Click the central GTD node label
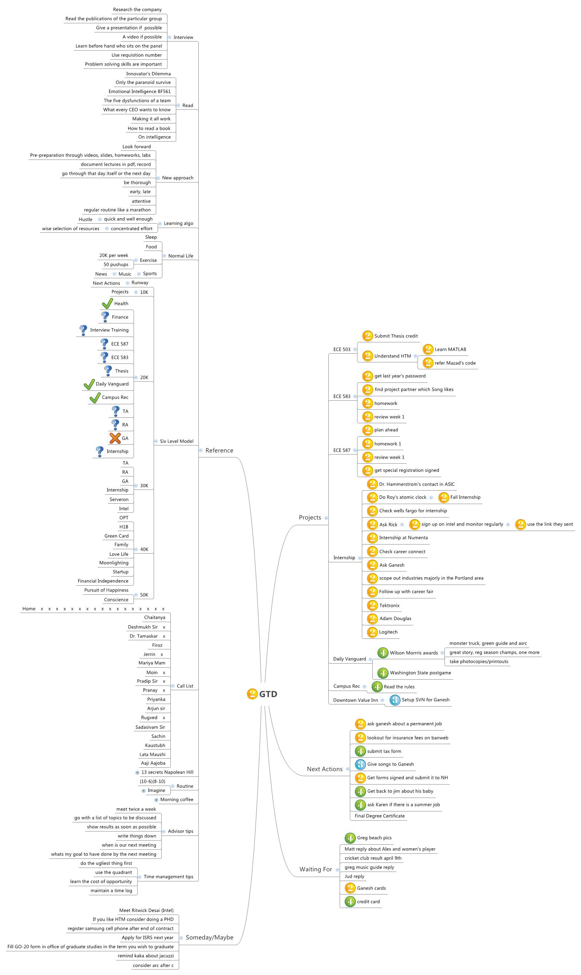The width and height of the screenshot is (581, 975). [x=268, y=694]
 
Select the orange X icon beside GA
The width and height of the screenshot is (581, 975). [x=115, y=438]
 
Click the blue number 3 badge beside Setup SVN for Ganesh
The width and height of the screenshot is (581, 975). [x=395, y=700]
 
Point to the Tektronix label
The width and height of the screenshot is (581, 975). [x=389, y=605]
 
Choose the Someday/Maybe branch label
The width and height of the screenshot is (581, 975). [x=209, y=937]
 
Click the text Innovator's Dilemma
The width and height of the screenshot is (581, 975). [x=149, y=74]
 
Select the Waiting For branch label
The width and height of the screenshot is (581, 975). [x=316, y=869]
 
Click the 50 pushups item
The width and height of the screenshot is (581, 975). [x=116, y=264]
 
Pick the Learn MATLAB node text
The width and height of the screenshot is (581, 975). [x=450, y=349]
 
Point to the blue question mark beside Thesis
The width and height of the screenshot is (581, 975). [x=108, y=370]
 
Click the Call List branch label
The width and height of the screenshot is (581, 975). [x=185, y=686]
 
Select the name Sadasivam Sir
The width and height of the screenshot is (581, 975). [x=150, y=727]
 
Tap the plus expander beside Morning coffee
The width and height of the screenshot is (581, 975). [x=156, y=799]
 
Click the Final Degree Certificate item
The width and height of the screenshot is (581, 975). [x=380, y=815]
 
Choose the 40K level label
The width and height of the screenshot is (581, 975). [x=144, y=549]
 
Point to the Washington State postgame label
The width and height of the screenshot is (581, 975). [x=420, y=673]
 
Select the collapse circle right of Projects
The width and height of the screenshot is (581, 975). [x=326, y=518]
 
